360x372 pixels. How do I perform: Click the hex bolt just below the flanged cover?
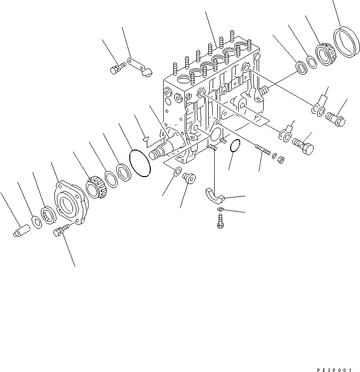click(x=62, y=230)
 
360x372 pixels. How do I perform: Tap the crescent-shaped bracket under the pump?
click(x=216, y=196)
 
